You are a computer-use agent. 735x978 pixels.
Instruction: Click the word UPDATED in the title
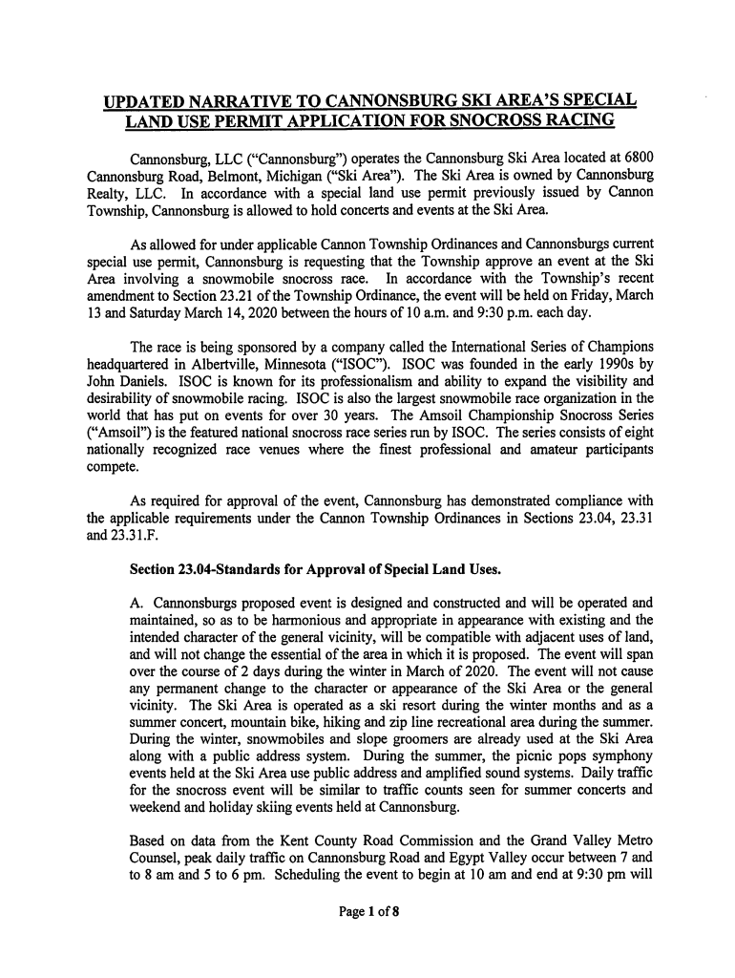(x=151, y=102)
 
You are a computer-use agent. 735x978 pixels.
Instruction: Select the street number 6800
(x=633, y=158)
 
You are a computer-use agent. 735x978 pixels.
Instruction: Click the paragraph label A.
(x=136, y=604)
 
